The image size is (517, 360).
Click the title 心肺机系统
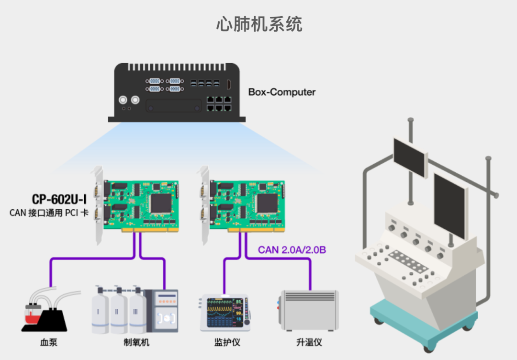(259, 24)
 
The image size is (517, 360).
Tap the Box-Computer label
(281, 92)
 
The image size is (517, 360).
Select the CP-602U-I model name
(59, 199)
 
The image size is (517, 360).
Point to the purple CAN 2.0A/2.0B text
(292, 249)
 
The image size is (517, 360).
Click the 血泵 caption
(48, 342)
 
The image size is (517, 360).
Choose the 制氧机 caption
(136, 342)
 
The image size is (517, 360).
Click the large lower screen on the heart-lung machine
(450, 206)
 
